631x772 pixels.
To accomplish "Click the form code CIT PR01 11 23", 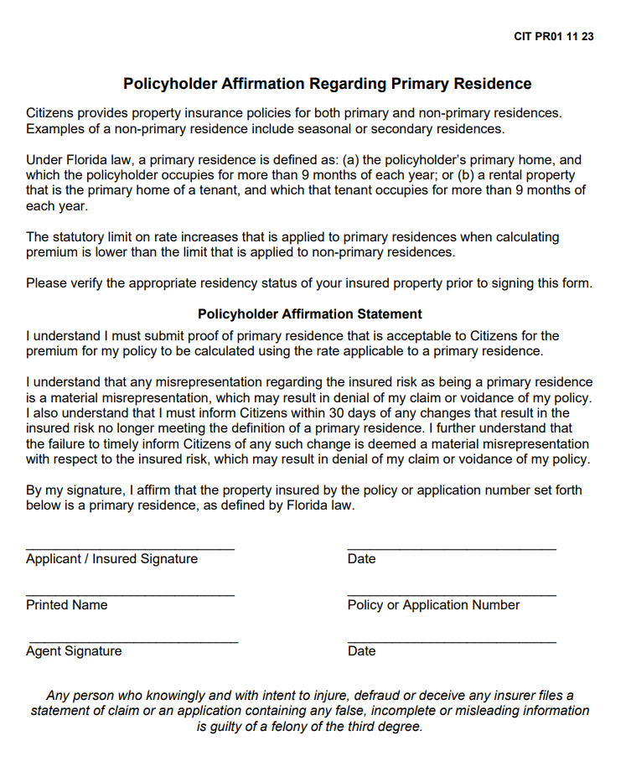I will (554, 37).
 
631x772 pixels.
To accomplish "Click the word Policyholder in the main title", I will (170, 84).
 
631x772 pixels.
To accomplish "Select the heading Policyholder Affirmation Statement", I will (310, 314).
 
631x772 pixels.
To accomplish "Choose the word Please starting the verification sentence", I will (46, 283).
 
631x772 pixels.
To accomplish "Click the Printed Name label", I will (66, 605).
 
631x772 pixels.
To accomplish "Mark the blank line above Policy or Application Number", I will (452, 595).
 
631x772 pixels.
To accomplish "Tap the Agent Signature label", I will (74, 651).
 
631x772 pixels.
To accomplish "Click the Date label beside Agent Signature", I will (361, 651).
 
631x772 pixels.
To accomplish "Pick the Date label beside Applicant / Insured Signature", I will (361, 559).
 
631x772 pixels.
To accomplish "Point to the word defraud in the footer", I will (378, 696).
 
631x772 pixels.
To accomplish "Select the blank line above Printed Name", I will (130, 595).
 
